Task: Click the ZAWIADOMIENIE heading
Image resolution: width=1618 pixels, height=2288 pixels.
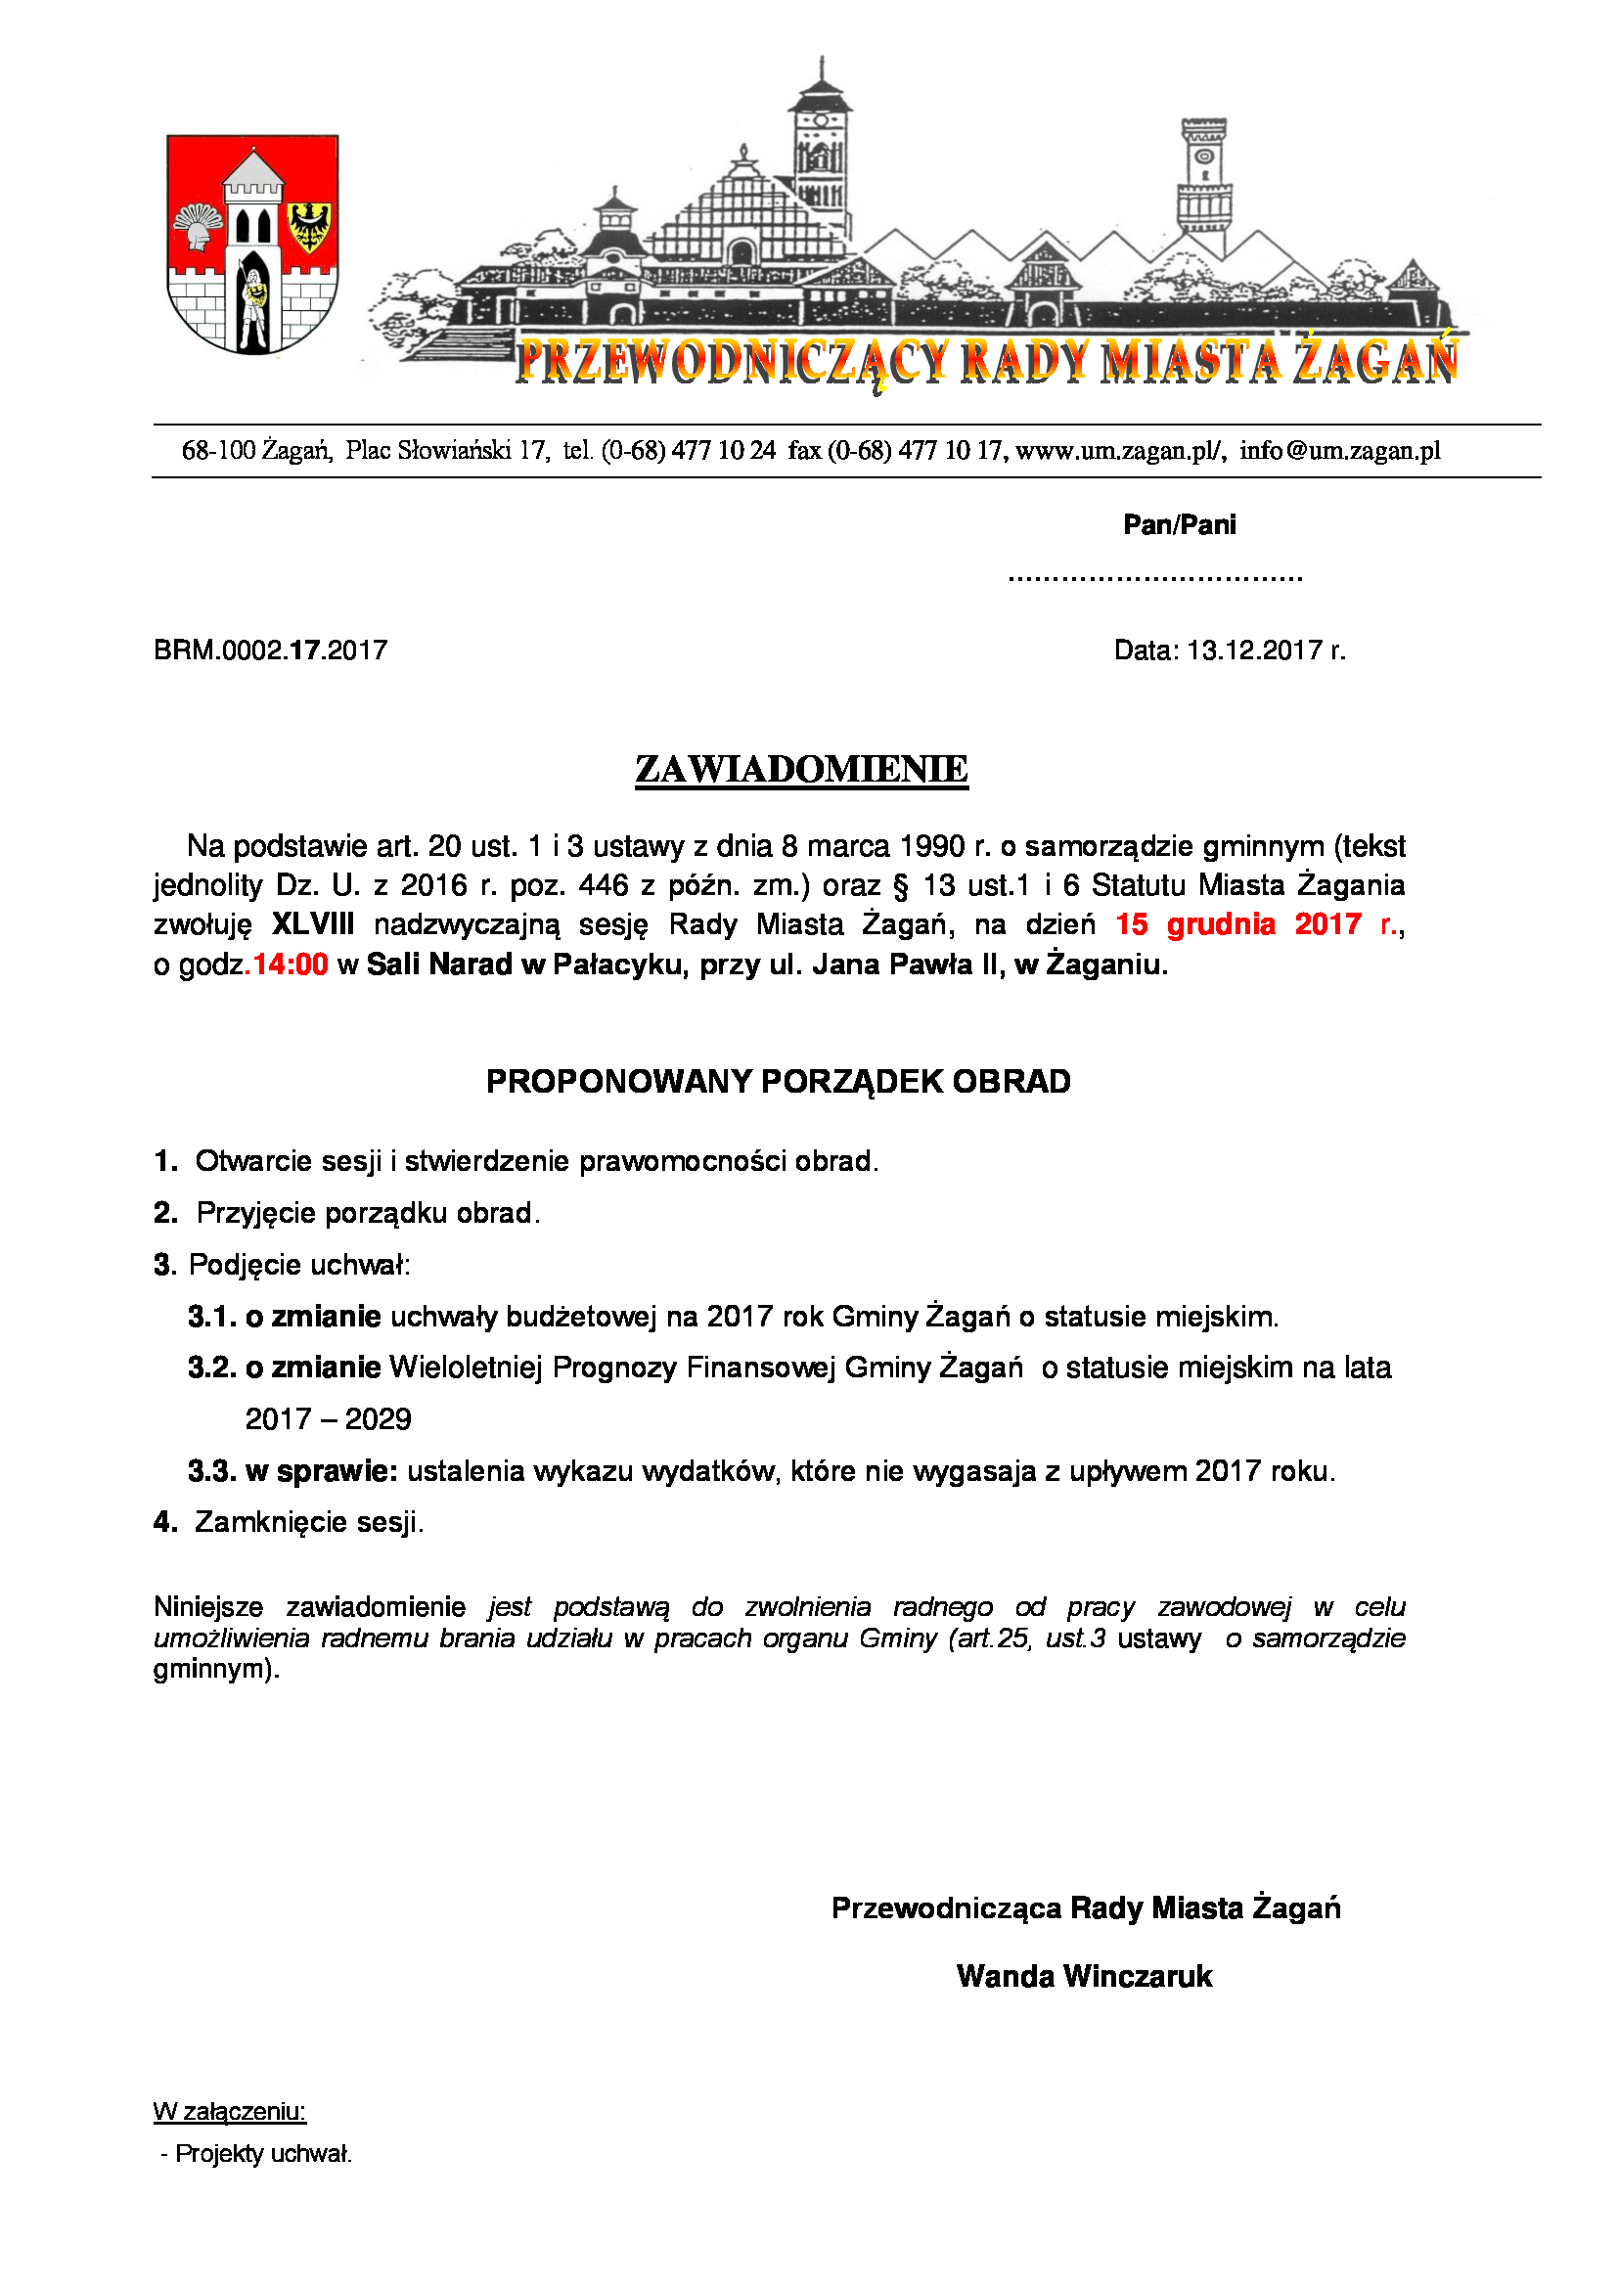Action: tap(801, 769)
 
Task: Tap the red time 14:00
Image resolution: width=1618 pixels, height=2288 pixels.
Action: tap(290, 965)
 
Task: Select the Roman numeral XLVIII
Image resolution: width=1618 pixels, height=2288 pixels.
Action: tap(313, 924)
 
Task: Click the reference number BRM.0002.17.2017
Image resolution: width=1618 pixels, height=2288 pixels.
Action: tap(270, 651)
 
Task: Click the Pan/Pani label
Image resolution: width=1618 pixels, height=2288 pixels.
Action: tap(1179, 525)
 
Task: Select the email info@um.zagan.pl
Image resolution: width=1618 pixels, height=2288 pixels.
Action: tap(1340, 451)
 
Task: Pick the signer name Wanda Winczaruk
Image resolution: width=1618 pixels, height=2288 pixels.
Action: tap(1084, 1976)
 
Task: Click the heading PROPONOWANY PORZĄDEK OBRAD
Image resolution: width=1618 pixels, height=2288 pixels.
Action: tap(778, 1082)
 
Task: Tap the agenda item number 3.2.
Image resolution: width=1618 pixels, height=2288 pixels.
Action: tap(211, 1368)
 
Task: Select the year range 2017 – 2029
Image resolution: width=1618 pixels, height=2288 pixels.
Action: tap(328, 1419)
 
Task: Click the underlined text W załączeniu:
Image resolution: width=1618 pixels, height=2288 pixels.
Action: tap(229, 2111)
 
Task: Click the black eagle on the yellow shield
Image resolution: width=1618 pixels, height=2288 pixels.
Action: tap(311, 226)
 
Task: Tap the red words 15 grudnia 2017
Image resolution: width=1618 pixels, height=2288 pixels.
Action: tap(1237, 924)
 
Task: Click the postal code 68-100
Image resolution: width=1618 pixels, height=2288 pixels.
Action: tap(218, 451)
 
